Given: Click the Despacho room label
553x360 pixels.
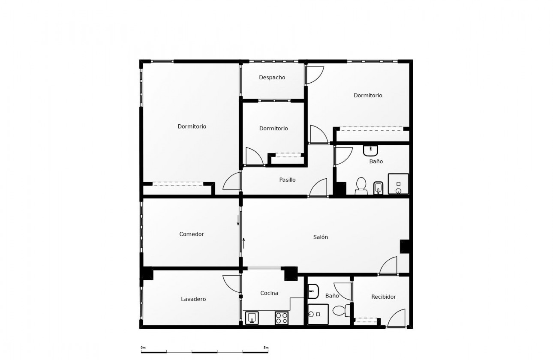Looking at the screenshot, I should pyautogui.click(x=272, y=78).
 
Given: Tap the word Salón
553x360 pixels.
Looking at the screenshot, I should pyautogui.click(x=320, y=237).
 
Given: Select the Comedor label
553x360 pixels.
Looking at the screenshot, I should pyautogui.click(x=191, y=234).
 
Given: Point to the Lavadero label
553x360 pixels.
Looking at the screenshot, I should pyautogui.click(x=193, y=299).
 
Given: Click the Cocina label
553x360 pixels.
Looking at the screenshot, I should pyautogui.click(x=269, y=293).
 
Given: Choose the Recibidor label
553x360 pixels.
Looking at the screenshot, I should pyautogui.click(x=383, y=297).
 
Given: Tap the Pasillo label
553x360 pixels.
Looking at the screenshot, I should pyautogui.click(x=287, y=180).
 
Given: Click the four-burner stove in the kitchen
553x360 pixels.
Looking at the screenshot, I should pyautogui.click(x=281, y=318).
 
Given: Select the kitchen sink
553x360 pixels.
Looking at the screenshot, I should pyautogui.click(x=252, y=318).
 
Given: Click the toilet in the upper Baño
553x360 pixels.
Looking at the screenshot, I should pyautogui.click(x=361, y=185).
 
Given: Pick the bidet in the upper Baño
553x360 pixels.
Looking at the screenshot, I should pyautogui.click(x=378, y=187).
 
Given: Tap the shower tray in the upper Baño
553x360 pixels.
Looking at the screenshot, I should pyautogui.click(x=398, y=184).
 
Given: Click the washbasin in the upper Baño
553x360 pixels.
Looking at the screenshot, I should pyautogui.click(x=370, y=150).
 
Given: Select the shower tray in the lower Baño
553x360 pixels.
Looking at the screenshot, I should pyautogui.click(x=318, y=314).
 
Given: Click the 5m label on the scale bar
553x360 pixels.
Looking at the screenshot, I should pyautogui.click(x=266, y=348).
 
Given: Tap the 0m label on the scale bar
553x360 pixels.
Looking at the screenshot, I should pyautogui.click(x=143, y=348).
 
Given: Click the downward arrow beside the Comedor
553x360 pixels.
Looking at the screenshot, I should pyautogui.click(x=238, y=220).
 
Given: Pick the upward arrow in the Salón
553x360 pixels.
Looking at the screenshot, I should pyautogui.click(x=244, y=243).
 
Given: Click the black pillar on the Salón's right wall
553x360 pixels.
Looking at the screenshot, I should pyautogui.click(x=405, y=246).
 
